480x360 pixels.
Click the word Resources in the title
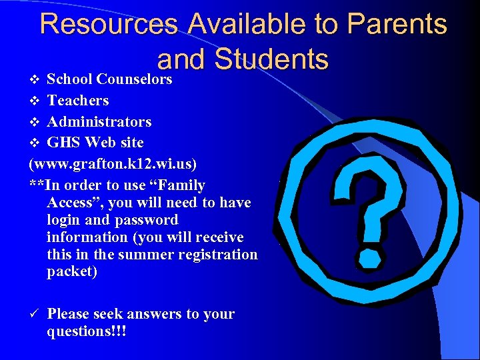(x=109, y=24)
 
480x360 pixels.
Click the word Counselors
(x=134, y=79)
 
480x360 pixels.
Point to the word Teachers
(x=78, y=101)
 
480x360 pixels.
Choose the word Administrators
(x=99, y=122)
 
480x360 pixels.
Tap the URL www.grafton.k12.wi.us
(x=113, y=164)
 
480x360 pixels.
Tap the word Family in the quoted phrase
(x=181, y=185)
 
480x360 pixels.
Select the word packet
(x=72, y=272)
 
